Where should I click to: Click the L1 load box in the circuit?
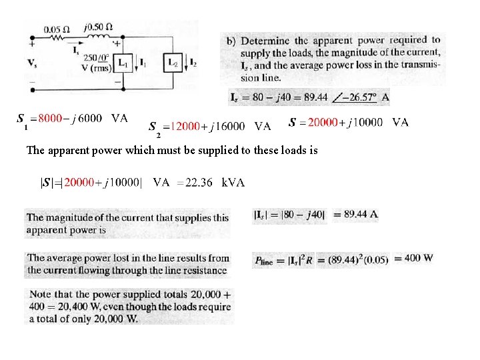click(x=123, y=63)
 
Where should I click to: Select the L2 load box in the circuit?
click(x=173, y=63)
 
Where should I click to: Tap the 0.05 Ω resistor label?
click(x=57, y=30)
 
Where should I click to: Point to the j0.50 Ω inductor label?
click(x=98, y=27)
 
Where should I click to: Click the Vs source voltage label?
click(x=32, y=63)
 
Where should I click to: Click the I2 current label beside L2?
click(x=193, y=63)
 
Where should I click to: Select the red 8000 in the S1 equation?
click(x=50, y=118)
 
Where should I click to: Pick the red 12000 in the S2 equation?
click(x=185, y=126)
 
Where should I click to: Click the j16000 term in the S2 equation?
click(x=227, y=126)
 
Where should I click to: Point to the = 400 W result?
click(x=413, y=259)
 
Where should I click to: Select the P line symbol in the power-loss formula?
click(x=263, y=261)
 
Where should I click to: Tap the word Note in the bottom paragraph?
click(x=40, y=294)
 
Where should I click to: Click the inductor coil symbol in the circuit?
click(x=98, y=37)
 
